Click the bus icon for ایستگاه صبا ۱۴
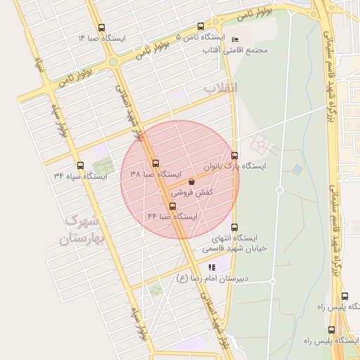(x=102, y=28)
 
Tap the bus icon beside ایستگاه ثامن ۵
(x=202, y=26)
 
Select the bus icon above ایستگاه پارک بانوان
(x=234, y=155)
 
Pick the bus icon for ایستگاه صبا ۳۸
(x=155, y=162)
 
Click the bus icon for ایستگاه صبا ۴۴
(x=173, y=206)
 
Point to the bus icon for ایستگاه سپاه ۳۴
(x=80, y=166)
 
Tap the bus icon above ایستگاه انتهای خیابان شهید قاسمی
(x=234, y=227)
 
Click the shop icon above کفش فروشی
(x=192, y=181)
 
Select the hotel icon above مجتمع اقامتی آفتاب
(x=235, y=39)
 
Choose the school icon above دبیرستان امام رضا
(x=212, y=267)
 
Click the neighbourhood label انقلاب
(x=221, y=88)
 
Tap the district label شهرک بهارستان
(x=79, y=231)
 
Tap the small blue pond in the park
(x=297, y=169)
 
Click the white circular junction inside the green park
(x=279, y=191)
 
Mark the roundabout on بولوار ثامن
(x=112, y=62)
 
